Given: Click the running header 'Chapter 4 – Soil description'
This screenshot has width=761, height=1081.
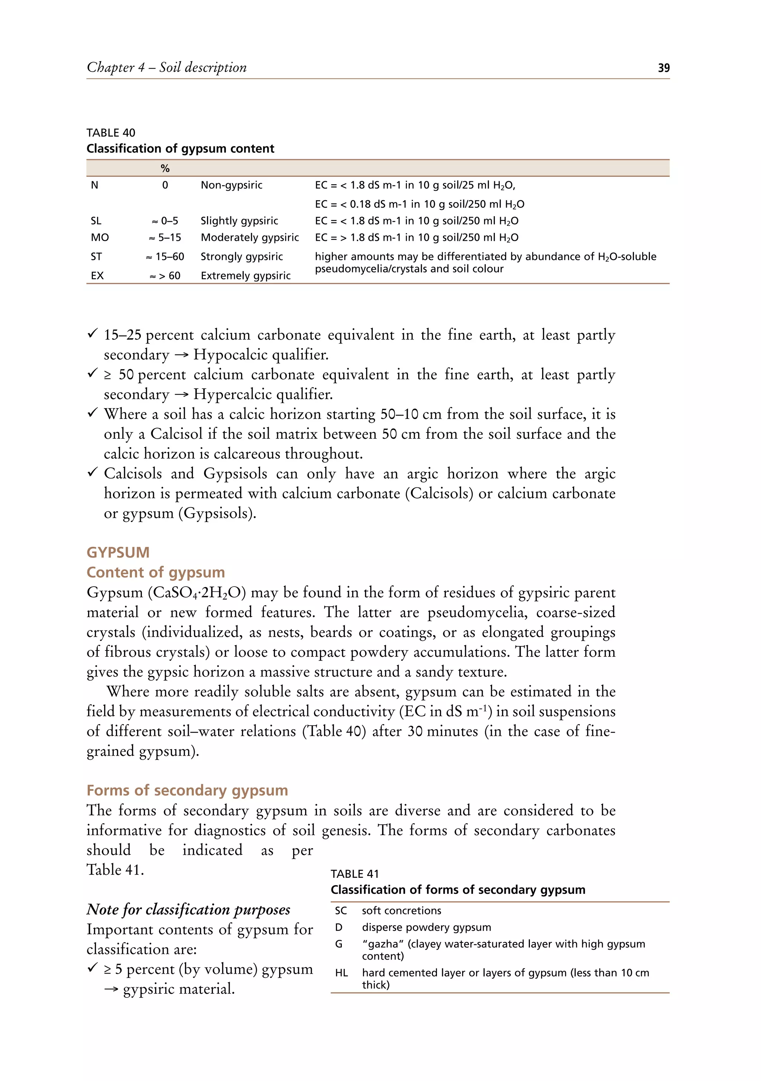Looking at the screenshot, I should coord(167,67).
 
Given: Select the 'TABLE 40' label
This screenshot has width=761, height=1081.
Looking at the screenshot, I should coord(111,133).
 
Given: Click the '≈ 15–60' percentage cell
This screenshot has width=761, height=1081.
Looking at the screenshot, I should coord(165,257).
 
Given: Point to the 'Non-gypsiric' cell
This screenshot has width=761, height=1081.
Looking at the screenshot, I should coord(231,185).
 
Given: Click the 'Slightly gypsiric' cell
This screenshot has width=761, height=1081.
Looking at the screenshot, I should coord(239,221).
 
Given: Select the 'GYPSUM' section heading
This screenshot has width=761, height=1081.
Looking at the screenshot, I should coord(118,552).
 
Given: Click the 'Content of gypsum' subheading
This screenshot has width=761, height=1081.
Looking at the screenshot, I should coord(155,572).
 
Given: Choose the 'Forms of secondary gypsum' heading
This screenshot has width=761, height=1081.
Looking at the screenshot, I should coord(187,790).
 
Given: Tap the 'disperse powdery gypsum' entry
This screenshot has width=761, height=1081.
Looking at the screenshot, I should coord(426,927).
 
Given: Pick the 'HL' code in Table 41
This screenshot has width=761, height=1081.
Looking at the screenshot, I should coord(341,973).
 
